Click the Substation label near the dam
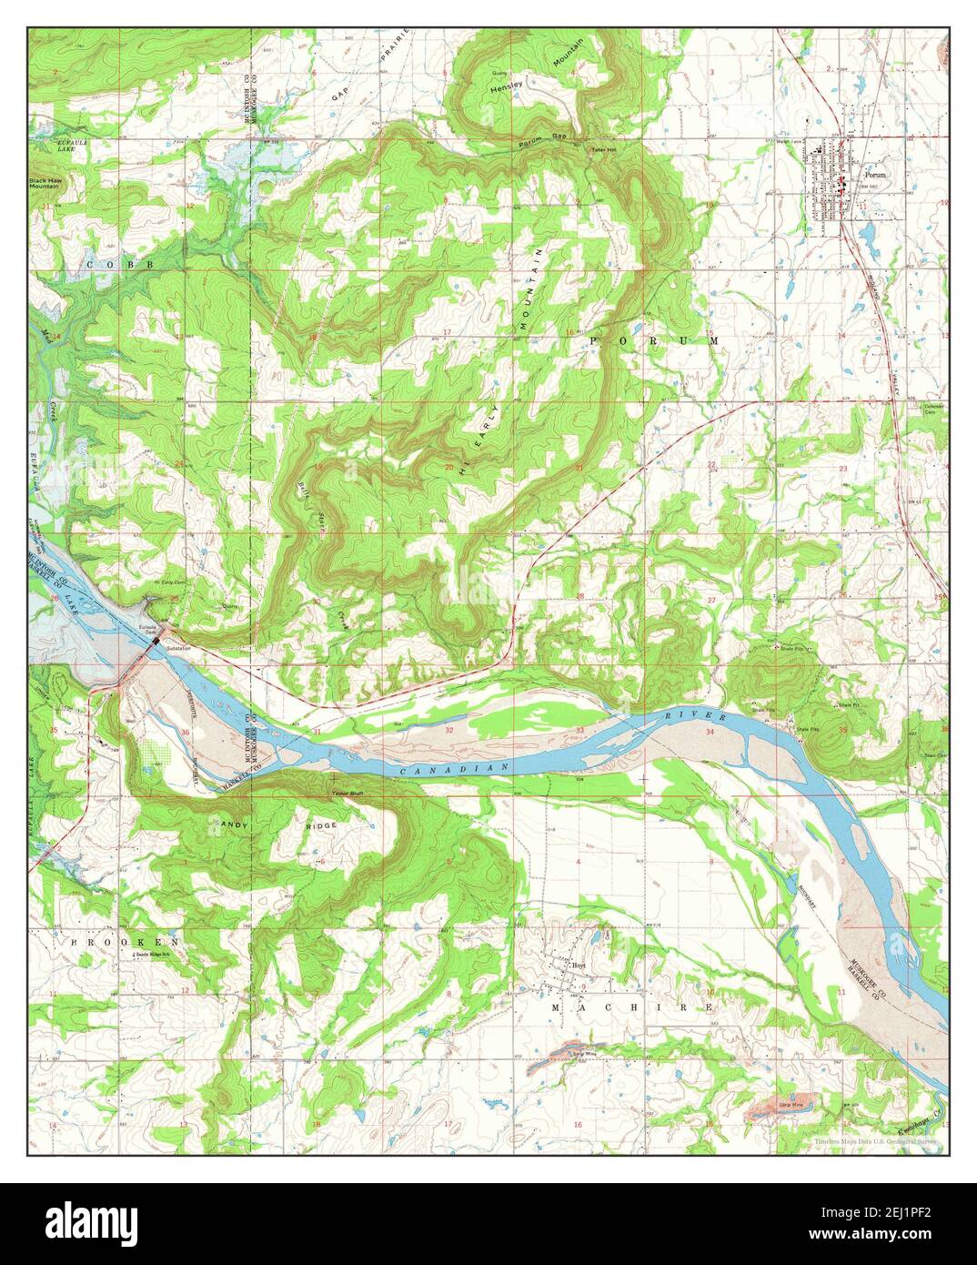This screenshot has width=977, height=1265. pos(178,648)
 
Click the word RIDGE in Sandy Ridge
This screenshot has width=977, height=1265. pos(322,825)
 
